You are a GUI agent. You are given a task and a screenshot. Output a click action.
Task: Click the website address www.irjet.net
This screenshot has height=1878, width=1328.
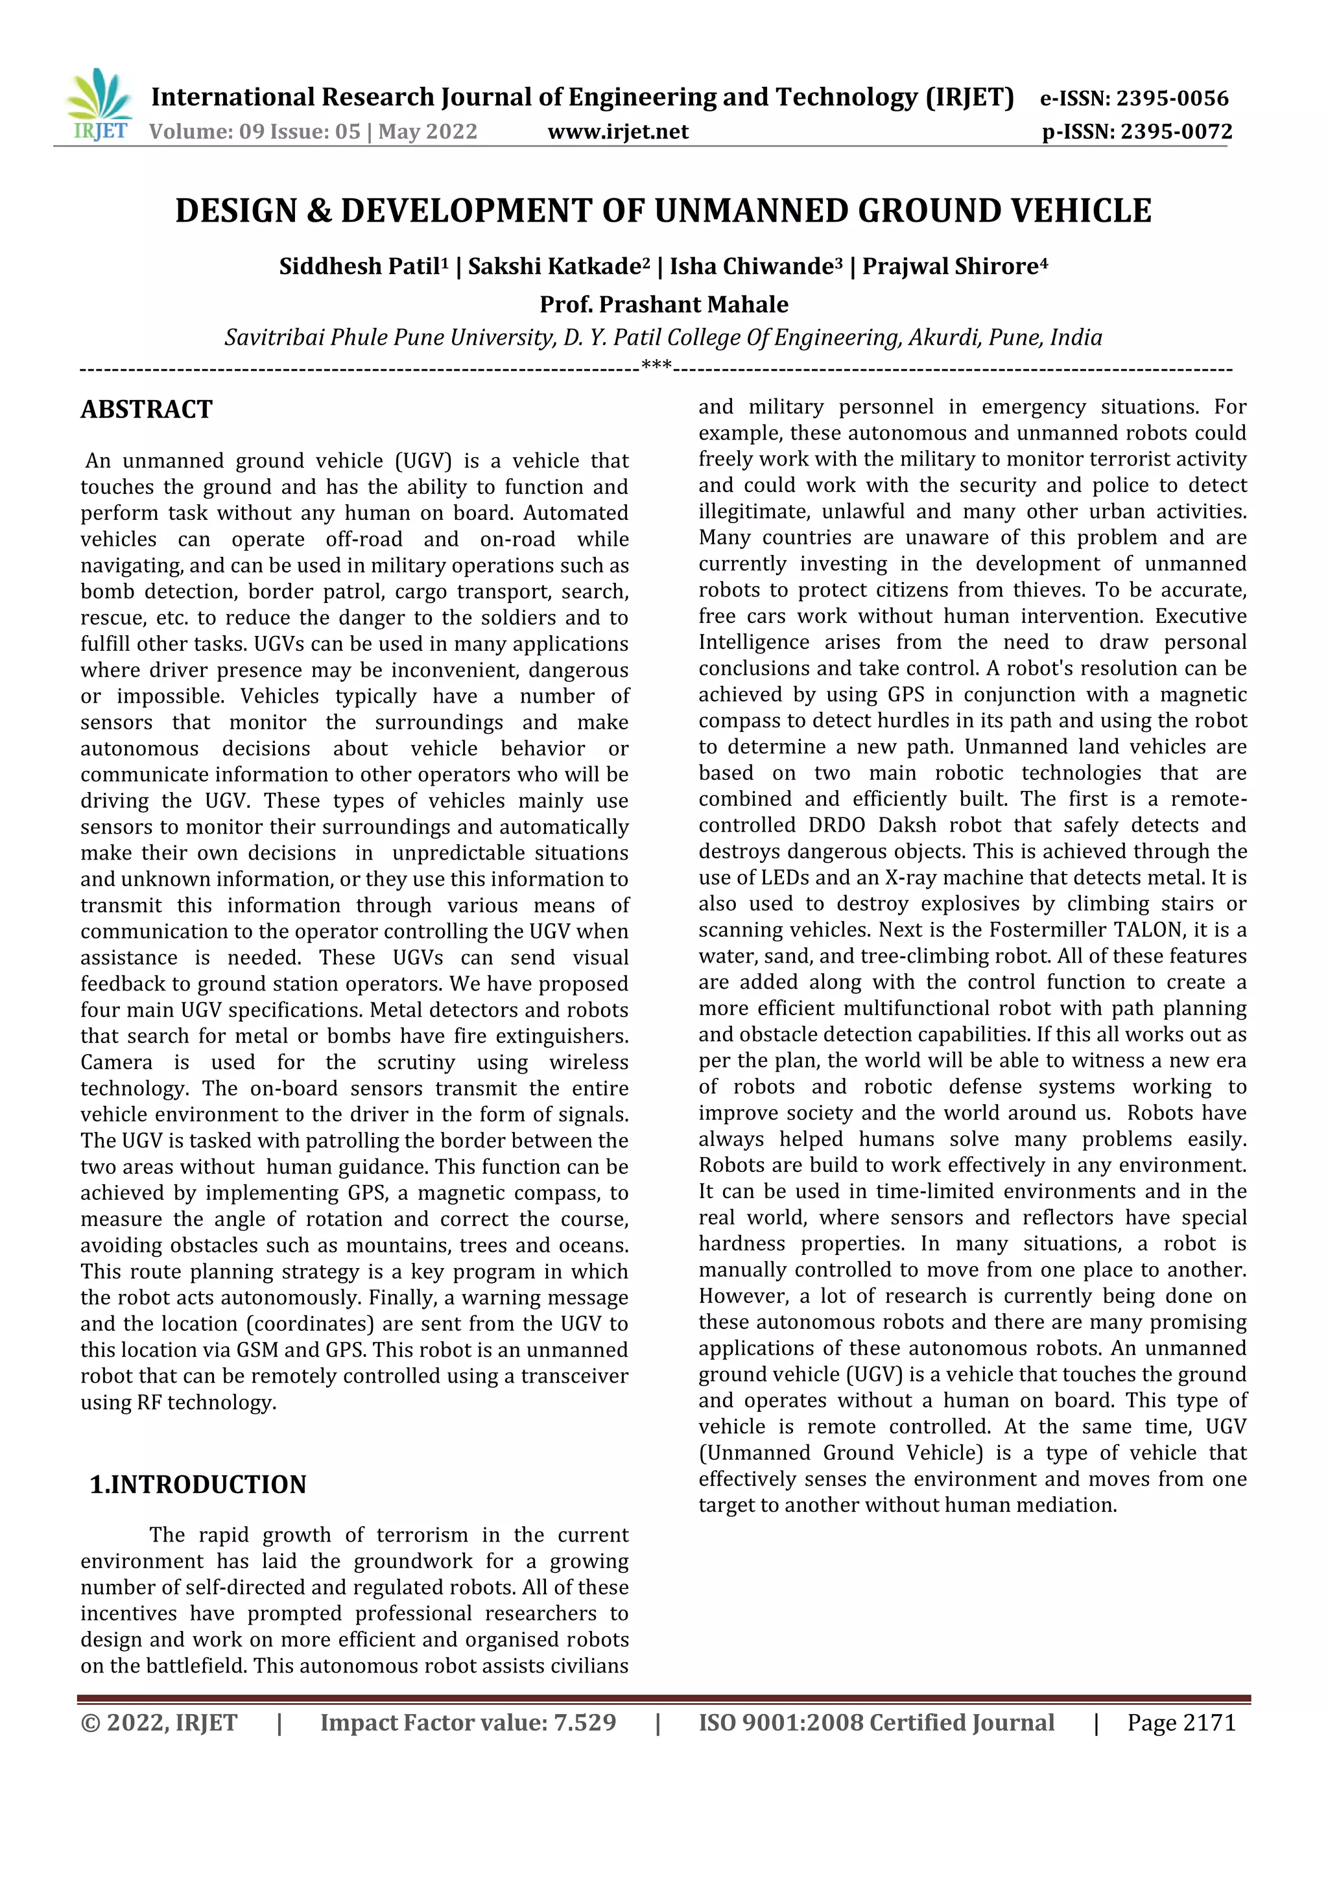click(x=618, y=132)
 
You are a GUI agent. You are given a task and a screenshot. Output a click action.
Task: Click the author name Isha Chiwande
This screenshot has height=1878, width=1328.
click(x=751, y=266)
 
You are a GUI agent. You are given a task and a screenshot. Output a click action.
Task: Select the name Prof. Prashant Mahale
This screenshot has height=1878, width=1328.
click(x=663, y=304)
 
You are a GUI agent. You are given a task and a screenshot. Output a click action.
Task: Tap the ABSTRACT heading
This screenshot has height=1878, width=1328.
click(x=147, y=409)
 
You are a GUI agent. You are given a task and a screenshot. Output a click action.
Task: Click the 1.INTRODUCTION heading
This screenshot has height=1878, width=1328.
click(x=197, y=1485)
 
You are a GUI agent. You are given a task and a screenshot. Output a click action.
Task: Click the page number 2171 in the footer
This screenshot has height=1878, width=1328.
click(x=1209, y=1722)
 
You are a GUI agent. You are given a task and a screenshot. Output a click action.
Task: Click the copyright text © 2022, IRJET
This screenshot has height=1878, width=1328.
click(x=159, y=1722)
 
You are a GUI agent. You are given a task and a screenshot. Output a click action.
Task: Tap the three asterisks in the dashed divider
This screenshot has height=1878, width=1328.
click(x=656, y=365)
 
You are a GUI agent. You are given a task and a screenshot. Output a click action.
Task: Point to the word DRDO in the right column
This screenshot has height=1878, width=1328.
click(x=836, y=825)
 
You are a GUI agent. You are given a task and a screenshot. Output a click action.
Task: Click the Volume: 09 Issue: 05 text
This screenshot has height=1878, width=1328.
click(x=254, y=132)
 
